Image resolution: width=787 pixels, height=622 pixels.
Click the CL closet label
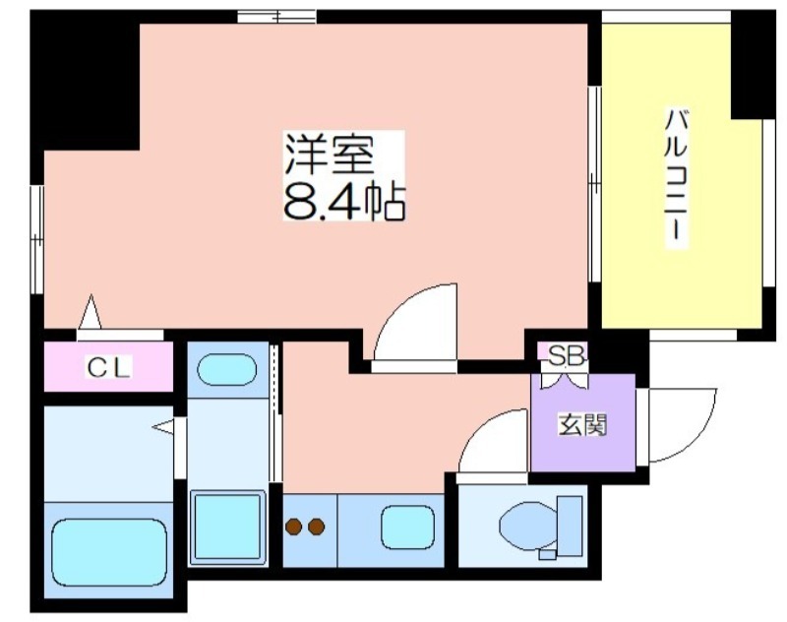click(108, 367)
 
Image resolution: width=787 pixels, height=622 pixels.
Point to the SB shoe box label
click(565, 357)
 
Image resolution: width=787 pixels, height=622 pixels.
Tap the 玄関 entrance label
click(582, 425)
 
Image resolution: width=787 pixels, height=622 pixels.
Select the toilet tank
click(571, 526)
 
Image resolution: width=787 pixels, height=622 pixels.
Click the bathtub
click(109, 552)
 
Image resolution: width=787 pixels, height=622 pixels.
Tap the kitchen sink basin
click(407, 528)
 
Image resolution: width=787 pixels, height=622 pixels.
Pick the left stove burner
click(293, 527)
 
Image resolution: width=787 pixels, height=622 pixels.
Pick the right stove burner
click(316, 527)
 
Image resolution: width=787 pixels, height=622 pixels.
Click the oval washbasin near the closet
click(227, 369)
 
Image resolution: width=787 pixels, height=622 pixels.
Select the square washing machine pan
click(227, 527)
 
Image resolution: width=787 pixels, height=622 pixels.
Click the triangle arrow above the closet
click(91, 312)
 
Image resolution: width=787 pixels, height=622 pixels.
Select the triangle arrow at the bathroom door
click(163, 427)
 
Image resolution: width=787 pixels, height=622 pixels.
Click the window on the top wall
click(276, 17)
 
